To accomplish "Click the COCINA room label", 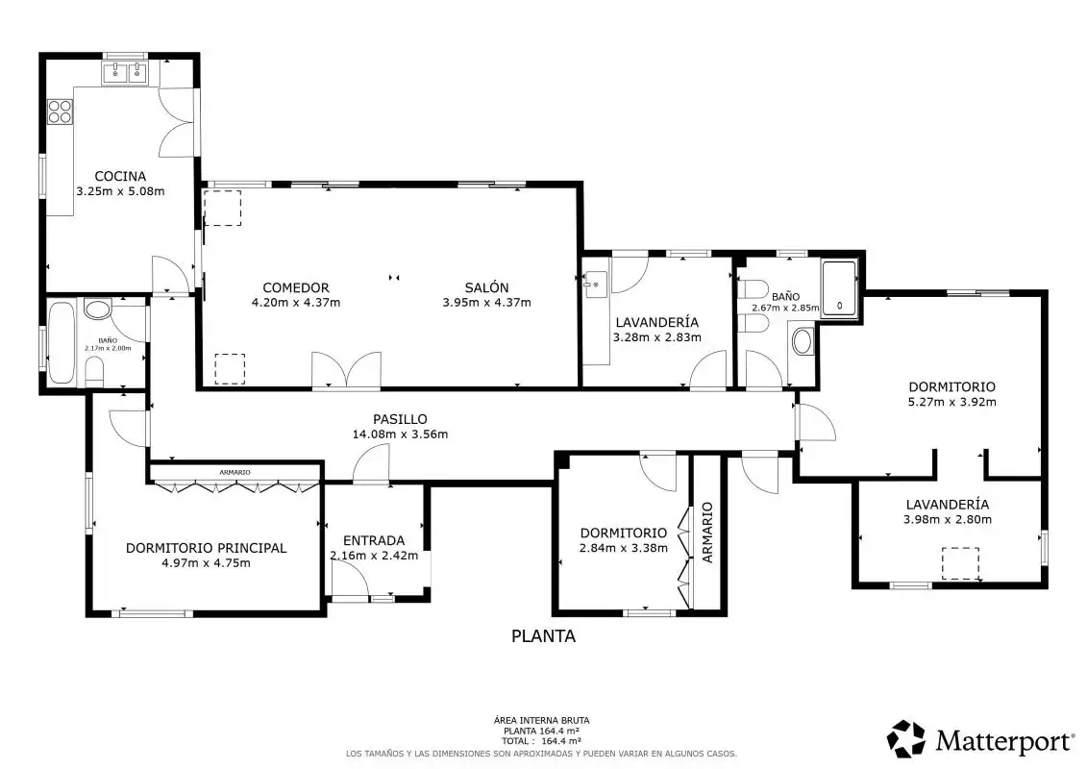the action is pos(120,176).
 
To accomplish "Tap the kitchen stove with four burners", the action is pos(61,112).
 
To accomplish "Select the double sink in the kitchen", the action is pos(126,72).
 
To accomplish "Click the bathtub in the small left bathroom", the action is pos(61,342).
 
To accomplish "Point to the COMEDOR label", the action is pos(295,287).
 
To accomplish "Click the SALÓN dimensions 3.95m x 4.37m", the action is pos(486,303).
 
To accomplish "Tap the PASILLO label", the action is pos(400,419).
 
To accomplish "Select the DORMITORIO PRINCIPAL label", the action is pos(206,548).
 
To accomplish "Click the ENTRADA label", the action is pos(374,540).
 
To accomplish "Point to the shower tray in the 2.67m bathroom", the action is pos(839,289).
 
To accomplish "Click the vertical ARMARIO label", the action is pos(707,533).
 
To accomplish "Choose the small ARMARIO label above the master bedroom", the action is pos(235,472).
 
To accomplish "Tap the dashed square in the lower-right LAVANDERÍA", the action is pos(960,563).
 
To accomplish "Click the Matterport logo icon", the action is pos(906,738).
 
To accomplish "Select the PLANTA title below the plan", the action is pos(544,635).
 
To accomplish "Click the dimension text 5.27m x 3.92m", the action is pos(951,402).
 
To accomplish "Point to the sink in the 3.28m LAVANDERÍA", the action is pos(596,285).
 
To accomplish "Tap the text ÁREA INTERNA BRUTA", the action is pos(541,721).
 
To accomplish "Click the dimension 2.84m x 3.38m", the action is pos(623,548).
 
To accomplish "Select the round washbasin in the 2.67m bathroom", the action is pos(803,341).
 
